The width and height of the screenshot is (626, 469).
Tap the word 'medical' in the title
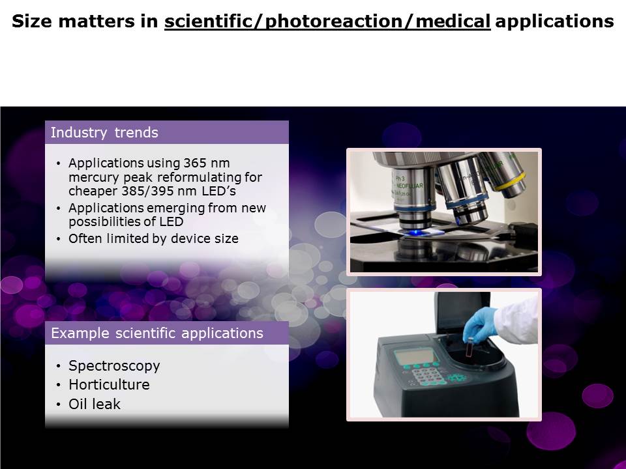pos(453,21)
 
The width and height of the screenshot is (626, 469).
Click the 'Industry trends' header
pos(104,132)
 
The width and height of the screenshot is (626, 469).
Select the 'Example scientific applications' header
pos(157,333)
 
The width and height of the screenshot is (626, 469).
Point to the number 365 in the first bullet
pos(195,163)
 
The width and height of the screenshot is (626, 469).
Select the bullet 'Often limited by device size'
pos(153,238)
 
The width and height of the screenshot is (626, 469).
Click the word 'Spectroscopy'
pos(114,366)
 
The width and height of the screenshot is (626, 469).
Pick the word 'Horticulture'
pos(109,384)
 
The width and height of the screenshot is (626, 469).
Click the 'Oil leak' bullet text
pos(94,404)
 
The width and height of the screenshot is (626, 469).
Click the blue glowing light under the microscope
pos(416,232)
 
